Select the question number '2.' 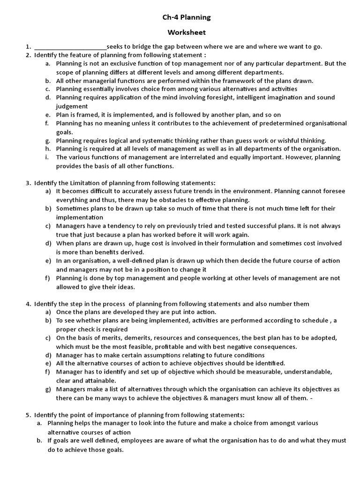28,55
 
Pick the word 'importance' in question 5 97,415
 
